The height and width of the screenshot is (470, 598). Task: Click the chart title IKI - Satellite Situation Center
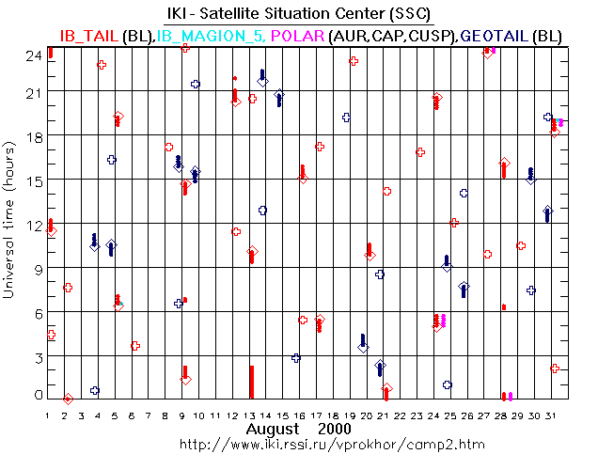tap(299, 13)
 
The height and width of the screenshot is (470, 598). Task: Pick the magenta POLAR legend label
tap(298, 35)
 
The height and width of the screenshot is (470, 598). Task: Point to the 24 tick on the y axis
tap(33, 55)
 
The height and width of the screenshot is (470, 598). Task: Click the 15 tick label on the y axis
tap(34, 180)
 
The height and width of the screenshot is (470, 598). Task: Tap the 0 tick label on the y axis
tap(38, 397)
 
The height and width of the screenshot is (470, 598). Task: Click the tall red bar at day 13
tap(251, 382)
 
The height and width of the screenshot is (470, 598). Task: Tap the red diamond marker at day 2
tap(68, 399)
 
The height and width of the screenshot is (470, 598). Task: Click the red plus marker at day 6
tap(135, 346)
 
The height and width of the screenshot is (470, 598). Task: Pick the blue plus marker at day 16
tap(296, 358)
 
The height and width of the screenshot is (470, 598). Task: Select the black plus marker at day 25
tap(448, 384)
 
